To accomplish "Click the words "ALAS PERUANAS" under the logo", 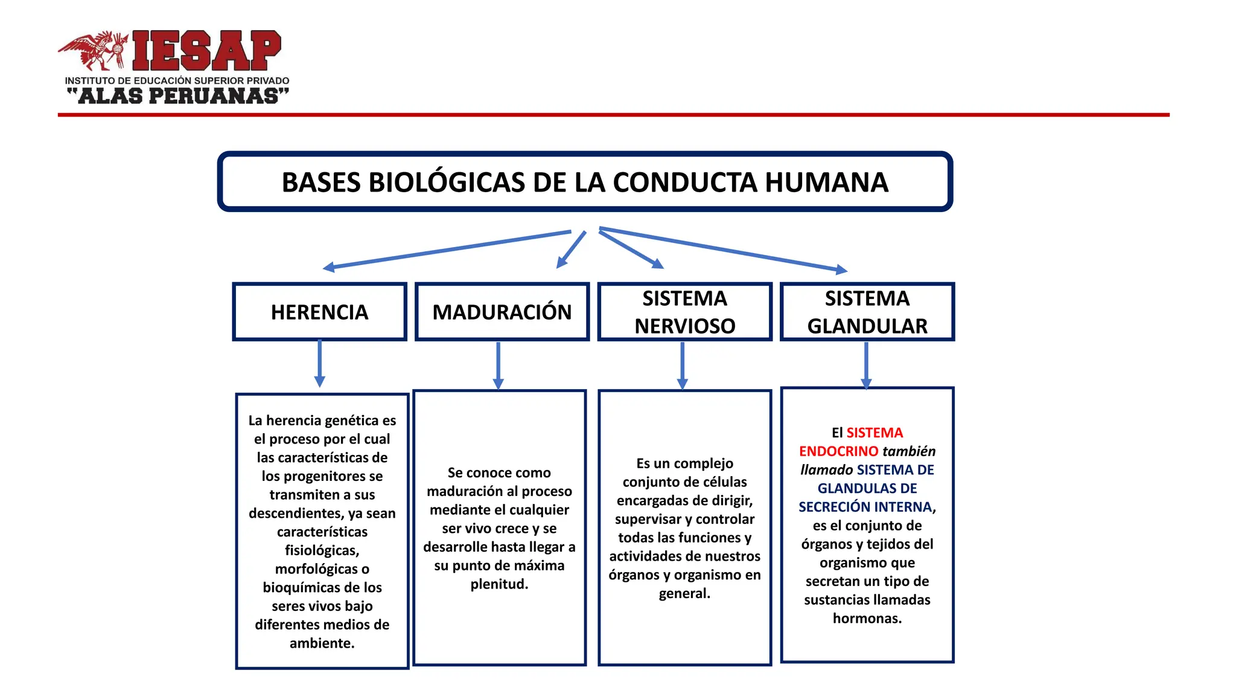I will pyautogui.click(x=178, y=96).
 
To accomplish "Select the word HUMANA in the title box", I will pyautogui.click(x=827, y=182).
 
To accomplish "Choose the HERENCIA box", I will pyautogui.click(x=319, y=312).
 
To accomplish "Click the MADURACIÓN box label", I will pyautogui.click(x=502, y=312).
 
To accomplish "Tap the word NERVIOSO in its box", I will pyautogui.click(x=684, y=326).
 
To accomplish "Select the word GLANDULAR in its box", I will pyautogui.click(x=867, y=326).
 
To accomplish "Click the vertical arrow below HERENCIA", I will pyautogui.click(x=319, y=362).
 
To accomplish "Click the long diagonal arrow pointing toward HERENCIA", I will pyautogui.click(x=447, y=250).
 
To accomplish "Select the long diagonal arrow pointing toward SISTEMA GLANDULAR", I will pyautogui.click(x=724, y=249).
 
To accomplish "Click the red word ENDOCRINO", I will pyautogui.click(x=838, y=451).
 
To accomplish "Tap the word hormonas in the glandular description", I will pyautogui.click(x=867, y=619).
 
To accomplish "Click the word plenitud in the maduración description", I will pyautogui.click(x=499, y=584).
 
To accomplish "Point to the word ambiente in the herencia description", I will pyautogui.click(x=321, y=643).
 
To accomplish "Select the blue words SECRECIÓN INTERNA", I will pyautogui.click(x=865, y=507).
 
